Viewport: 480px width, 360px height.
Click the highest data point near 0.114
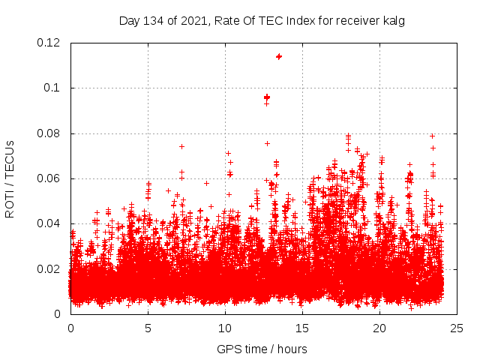(x=279, y=56)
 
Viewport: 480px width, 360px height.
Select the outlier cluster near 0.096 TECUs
(x=267, y=97)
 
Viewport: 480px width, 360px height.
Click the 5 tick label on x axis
(x=148, y=328)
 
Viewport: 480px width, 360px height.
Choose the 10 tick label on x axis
(x=225, y=328)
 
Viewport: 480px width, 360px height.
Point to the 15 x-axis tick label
(x=302, y=328)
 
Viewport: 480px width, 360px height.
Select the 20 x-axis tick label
(x=379, y=328)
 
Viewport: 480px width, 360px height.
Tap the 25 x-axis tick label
(x=457, y=328)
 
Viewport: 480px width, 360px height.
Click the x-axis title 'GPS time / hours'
(x=262, y=349)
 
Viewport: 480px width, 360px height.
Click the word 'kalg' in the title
(x=393, y=21)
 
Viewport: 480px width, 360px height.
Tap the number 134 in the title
(x=153, y=21)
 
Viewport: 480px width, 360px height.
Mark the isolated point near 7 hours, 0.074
(x=181, y=146)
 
